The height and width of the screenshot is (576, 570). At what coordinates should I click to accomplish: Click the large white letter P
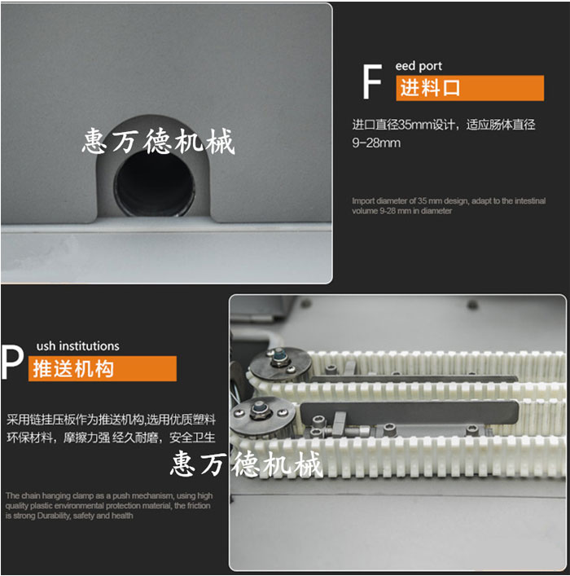click(x=11, y=363)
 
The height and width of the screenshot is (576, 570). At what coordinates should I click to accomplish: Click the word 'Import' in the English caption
click(x=364, y=200)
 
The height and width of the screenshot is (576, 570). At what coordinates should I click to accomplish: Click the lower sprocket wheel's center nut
click(x=262, y=407)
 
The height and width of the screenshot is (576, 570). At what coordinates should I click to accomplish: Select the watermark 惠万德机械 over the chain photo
click(x=246, y=464)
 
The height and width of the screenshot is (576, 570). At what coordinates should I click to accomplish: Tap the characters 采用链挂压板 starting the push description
click(x=35, y=420)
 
